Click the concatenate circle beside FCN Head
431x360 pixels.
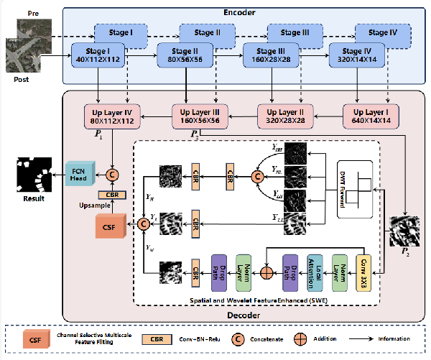pyautogui.click(x=112, y=173)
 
